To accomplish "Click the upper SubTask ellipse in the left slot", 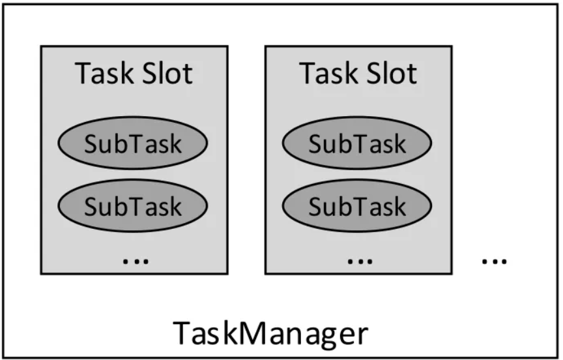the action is [133, 143].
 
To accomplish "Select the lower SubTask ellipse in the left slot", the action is [133, 206].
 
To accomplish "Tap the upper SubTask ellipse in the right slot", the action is [357, 143].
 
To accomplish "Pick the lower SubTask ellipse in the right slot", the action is [357, 206].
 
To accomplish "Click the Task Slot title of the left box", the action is [134, 74].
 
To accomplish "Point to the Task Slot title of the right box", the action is [358, 74].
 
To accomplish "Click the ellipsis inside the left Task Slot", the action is [136, 260].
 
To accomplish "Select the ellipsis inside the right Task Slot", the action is [359, 260].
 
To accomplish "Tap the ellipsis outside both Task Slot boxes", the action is [494, 260].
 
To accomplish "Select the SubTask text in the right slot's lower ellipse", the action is [357, 207].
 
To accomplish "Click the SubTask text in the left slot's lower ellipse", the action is [133, 207].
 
